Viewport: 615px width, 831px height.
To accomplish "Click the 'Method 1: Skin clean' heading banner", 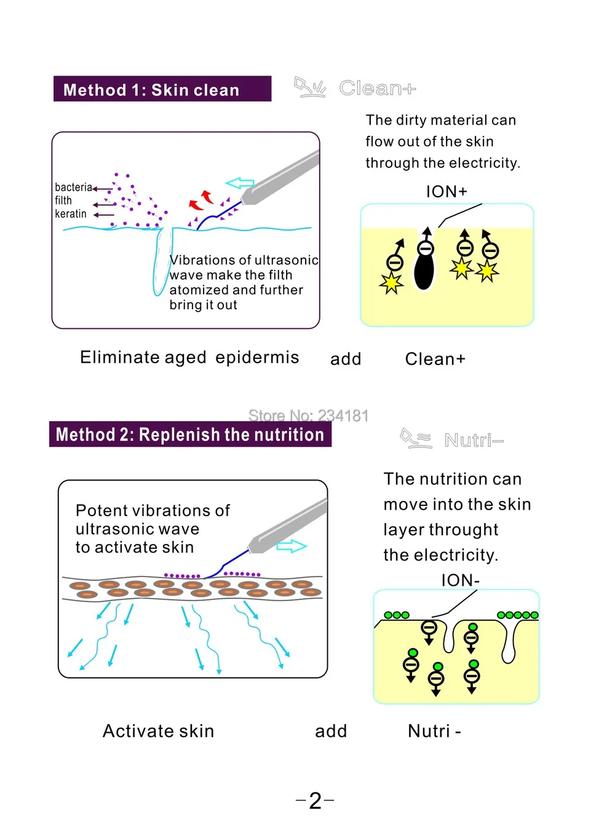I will coord(162,89).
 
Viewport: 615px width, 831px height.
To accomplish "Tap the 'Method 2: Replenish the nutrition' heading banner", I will coord(190,435).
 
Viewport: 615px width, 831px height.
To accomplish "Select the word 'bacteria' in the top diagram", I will coord(73,187).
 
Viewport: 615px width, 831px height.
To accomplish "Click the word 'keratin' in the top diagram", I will coord(71,214).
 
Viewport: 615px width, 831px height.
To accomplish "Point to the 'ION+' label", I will coord(446,192).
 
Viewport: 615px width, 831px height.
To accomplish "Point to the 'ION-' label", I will coord(460,580).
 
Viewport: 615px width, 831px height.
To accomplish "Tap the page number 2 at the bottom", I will coord(315,800).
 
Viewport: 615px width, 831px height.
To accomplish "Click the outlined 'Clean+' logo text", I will coord(377,89).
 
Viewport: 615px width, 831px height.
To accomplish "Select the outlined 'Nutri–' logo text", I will coord(474,440).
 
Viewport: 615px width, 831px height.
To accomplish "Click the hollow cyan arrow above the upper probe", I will coord(240,183).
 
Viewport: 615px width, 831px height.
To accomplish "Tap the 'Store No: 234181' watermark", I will coord(308,415).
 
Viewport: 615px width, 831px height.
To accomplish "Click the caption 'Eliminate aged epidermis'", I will coord(189,358).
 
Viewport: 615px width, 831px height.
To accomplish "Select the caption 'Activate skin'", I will coord(158,731).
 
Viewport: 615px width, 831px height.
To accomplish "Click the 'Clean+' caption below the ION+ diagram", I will coord(435,359).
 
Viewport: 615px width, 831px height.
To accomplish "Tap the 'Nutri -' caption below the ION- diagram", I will coord(434,731).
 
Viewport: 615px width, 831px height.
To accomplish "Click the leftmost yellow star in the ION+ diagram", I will coord(391,283).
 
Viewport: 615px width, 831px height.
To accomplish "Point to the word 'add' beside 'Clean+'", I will coord(346,359).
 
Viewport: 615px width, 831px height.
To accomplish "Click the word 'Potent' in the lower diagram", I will coord(101,511).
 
